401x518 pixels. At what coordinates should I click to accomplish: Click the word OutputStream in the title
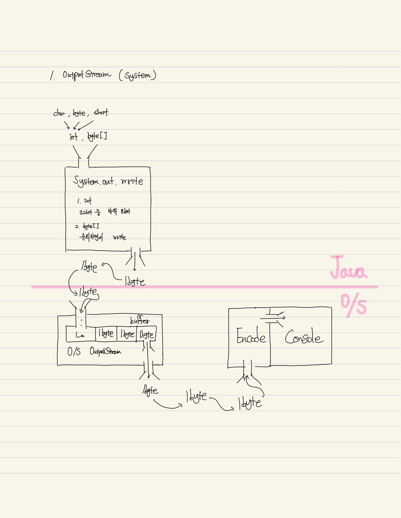(x=87, y=74)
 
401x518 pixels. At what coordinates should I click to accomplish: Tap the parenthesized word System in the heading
(x=138, y=76)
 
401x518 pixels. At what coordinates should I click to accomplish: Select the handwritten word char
(x=59, y=114)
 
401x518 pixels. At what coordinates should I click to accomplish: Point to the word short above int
(x=101, y=113)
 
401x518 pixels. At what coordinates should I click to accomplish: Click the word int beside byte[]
(x=74, y=137)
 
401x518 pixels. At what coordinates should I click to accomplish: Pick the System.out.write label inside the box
(x=108, y=181)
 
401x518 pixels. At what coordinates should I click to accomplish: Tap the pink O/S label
(x=354, y=305)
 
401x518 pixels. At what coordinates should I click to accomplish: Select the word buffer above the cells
(x=140, y=321)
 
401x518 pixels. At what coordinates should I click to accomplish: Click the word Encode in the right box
(x=251, y=337)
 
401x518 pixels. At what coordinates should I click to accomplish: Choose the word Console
(x=304, y=337)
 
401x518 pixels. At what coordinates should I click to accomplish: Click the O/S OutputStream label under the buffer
(x=94, y=351)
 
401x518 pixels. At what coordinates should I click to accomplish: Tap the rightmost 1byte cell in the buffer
(x=146, y=335)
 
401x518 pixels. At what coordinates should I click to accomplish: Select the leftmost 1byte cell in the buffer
(x=106, y=334)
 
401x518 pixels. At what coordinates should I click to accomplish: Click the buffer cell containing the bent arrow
(x=81, y=335)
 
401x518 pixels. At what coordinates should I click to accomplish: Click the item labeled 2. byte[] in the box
(x=87, y=226)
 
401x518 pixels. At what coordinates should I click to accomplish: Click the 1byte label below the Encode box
(x=250, y=403)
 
